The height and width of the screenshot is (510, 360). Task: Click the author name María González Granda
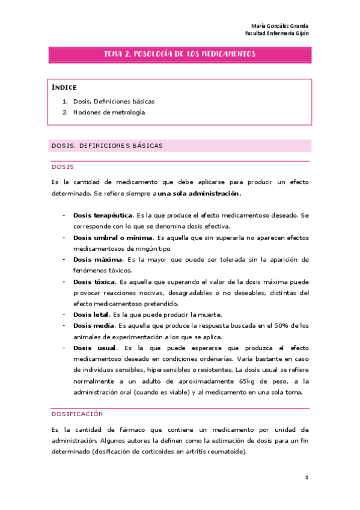tap(279, 26)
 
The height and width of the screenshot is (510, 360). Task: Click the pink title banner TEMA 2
tap(180, 54)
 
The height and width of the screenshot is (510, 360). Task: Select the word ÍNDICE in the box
tap(64, 87)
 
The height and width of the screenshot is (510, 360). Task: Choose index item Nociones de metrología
tap(109, 112)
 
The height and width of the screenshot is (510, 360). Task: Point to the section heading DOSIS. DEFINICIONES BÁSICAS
tap(107, 146)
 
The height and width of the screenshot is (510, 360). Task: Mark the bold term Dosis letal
tap(91, 315)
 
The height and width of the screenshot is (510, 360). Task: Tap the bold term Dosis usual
tap(92, 348)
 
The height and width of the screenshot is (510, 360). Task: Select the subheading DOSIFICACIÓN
tap(77, 414)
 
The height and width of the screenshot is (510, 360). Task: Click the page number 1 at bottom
tap(307, 478)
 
